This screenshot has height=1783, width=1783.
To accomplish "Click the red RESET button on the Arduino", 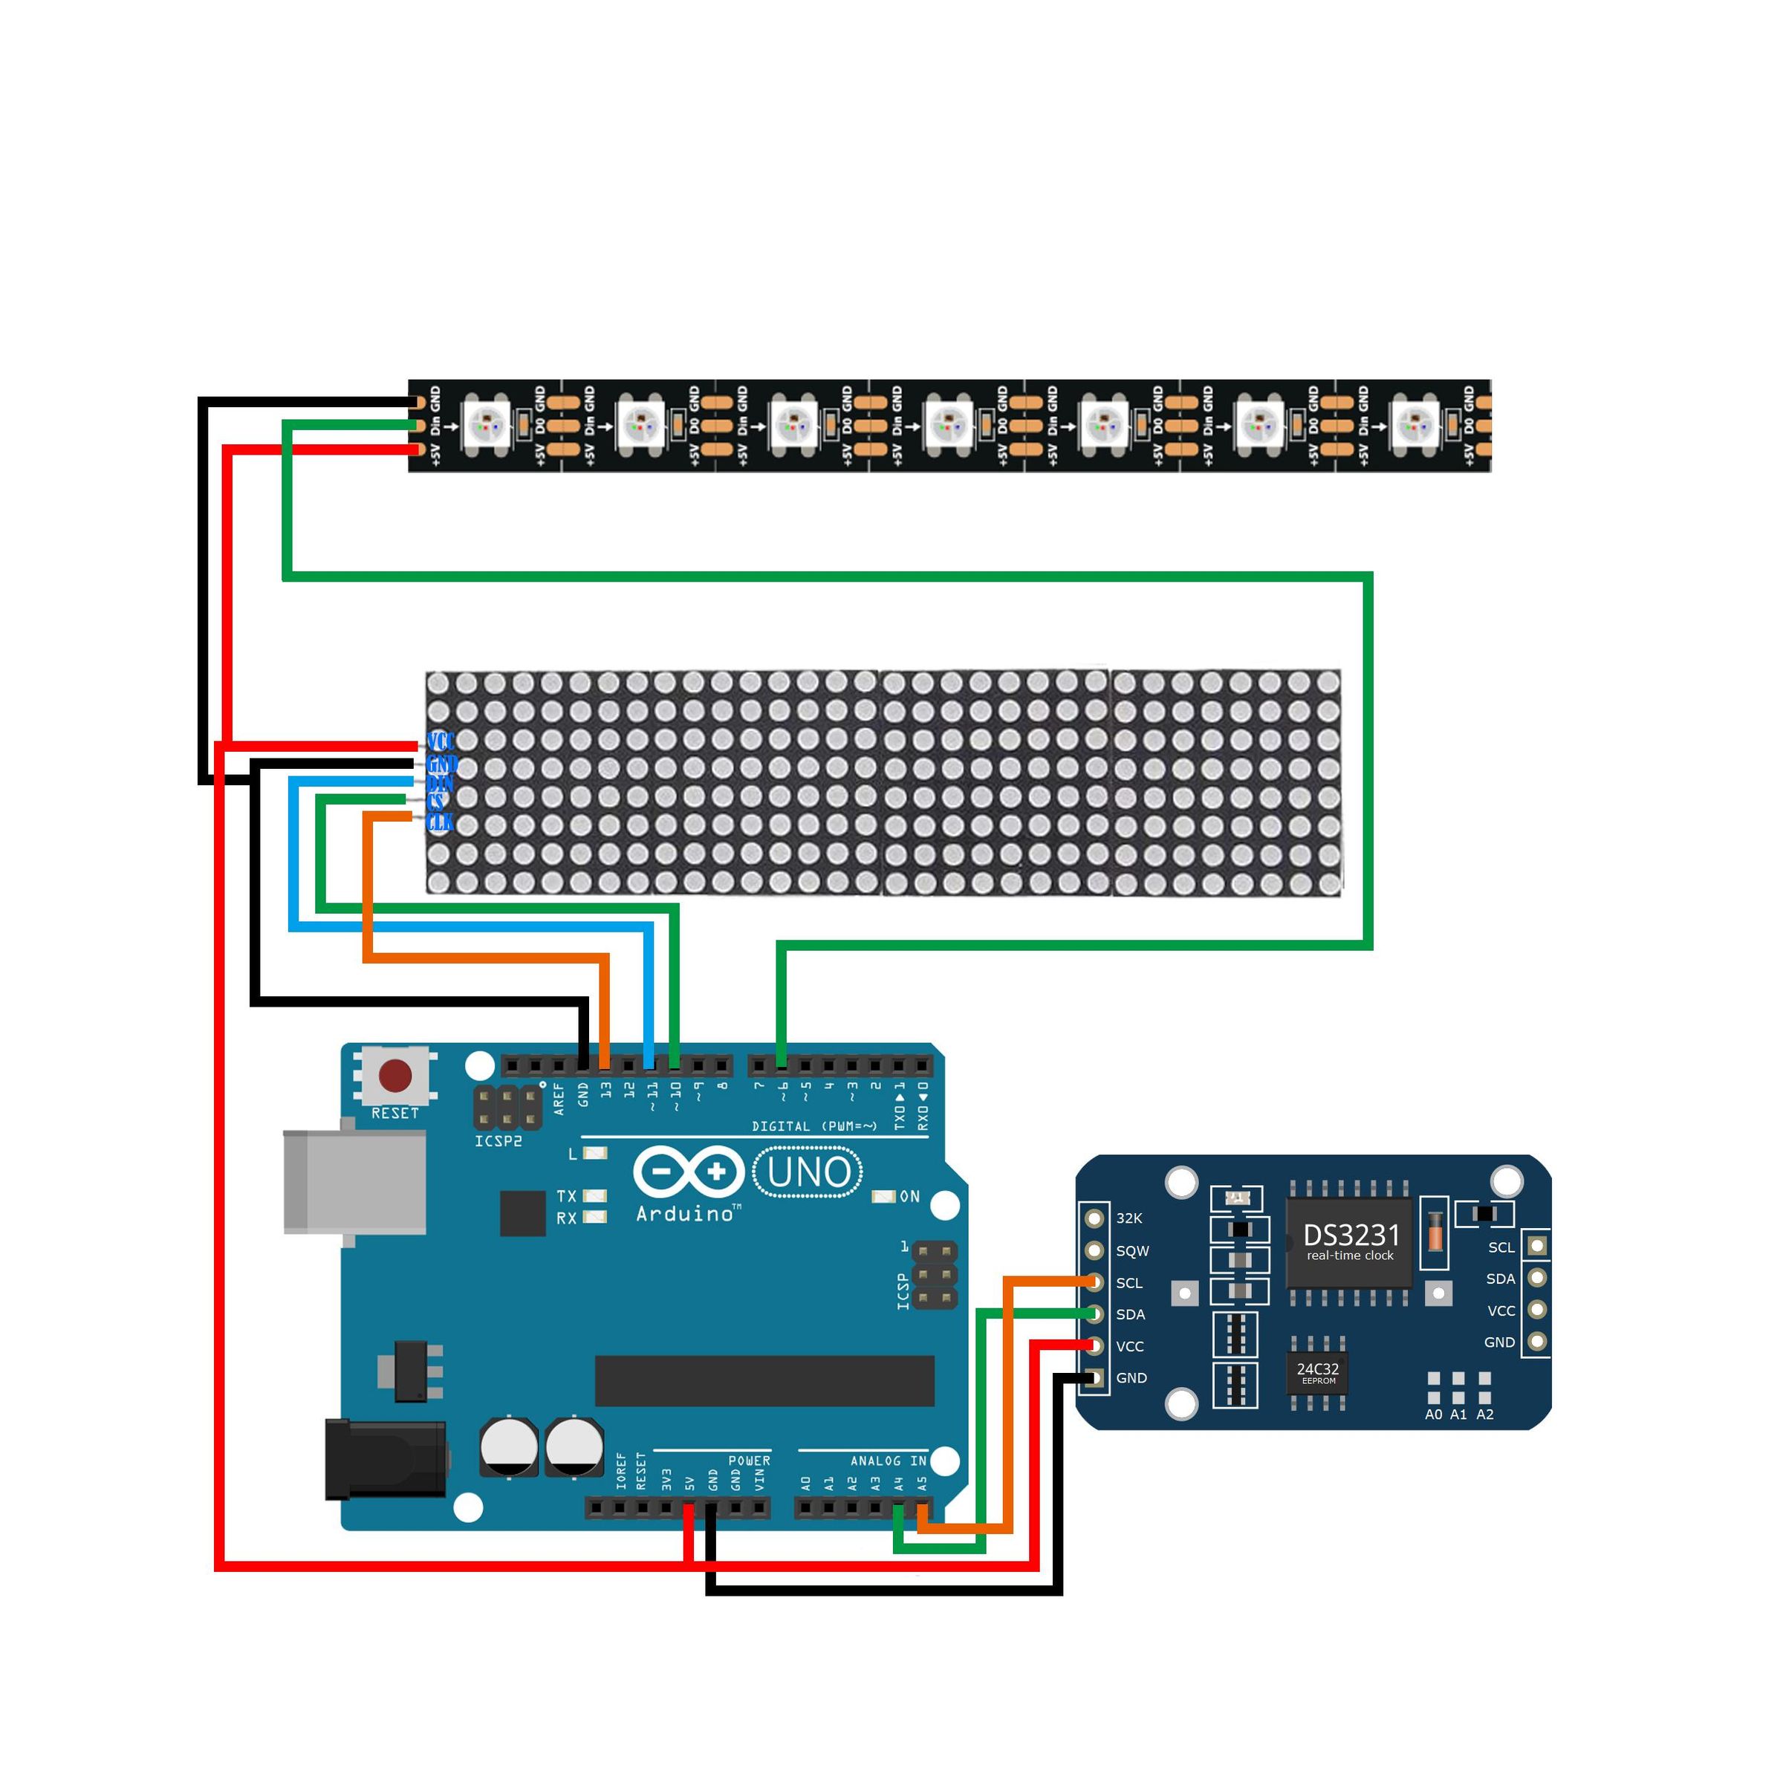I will click(395, 1076).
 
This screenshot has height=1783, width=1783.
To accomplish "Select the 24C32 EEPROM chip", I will click(1317, 1371).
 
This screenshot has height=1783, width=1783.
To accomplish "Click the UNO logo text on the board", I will click(808, 1173).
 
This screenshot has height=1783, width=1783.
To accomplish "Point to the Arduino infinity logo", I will click(689, 1173).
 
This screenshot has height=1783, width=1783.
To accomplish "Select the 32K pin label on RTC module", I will click(1128, 1219).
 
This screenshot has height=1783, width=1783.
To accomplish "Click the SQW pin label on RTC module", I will click(1132, 1251).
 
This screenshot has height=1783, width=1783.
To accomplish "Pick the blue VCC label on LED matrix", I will click(441, 742).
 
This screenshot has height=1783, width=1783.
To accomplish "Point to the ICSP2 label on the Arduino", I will click(498, 1142).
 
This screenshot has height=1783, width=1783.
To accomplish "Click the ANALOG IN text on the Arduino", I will click(888, 1461).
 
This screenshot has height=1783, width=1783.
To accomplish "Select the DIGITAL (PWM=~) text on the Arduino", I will click(814, 1127).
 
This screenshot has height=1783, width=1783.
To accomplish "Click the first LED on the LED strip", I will click(487, 426).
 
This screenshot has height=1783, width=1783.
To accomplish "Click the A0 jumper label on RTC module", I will click(1432, 1415).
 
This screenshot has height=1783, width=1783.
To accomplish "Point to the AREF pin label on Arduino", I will click(559, 1100).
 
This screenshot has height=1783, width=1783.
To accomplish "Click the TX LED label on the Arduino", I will click(565, 1196).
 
